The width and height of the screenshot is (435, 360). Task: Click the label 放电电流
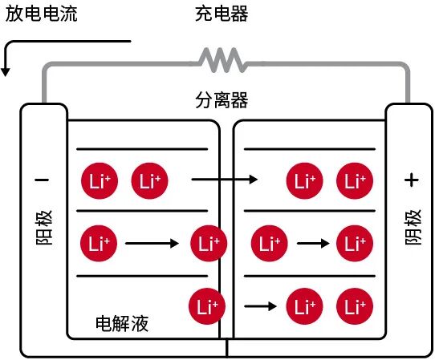[x=41, y=15]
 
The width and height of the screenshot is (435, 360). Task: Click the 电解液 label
[x=122, y=323]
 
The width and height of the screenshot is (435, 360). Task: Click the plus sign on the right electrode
[x=412, y=180]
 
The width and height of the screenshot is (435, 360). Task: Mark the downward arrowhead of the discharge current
[x=6, y=71]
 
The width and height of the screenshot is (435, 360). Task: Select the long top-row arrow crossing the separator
[x=226, y=180]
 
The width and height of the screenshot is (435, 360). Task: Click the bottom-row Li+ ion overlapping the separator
[x=206, y=305]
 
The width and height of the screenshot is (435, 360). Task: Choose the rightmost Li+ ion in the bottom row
[x=354, y=305]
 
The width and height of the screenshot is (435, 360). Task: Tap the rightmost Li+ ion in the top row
[x=354, y=180]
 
